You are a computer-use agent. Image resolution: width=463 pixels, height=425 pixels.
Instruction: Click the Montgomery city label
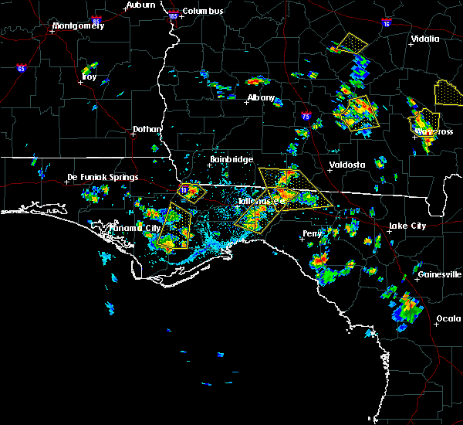(x=77, y=25)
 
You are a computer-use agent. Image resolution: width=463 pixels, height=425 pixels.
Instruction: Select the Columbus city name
(x=204, y=11)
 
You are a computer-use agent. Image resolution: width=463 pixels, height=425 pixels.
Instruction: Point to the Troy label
(x=89, y=76)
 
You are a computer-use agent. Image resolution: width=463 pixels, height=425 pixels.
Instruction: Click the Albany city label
(x=261, y=98)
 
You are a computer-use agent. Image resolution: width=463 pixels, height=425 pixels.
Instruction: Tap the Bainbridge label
(x=231, y=159)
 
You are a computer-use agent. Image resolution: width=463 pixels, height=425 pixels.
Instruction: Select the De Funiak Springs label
(x=103, y=177)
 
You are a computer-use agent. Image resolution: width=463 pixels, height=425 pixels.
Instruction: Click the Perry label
(x=313, y=233)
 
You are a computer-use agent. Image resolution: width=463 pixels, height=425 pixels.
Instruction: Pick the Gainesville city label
(x=439, y=274)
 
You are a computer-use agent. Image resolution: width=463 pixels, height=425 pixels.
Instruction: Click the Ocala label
(x=448, y=318)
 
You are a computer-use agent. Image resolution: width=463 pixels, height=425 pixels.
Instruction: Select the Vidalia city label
(x=425, y=39)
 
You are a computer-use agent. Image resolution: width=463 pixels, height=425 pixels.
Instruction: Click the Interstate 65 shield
(x=22, y=68)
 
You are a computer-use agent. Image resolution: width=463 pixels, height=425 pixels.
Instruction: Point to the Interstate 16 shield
(x=385, y=23)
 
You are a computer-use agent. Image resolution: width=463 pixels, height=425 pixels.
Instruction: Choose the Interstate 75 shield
(x=306, y=117)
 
